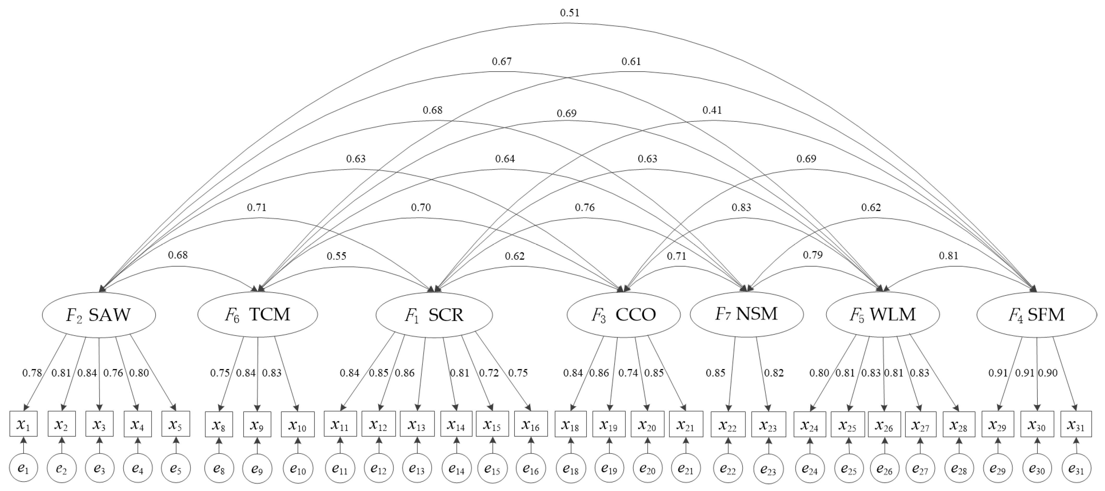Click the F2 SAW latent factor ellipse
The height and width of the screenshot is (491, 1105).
click(x=99, y=315)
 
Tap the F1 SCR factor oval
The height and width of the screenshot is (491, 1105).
click(x=434, y=315)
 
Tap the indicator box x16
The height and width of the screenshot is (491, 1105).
click(x=531, y=424)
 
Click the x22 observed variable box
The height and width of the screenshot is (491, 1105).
click(x=728, y=424)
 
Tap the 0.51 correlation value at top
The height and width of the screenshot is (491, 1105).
click(x=570, y=13)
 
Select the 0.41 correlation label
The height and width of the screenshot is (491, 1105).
click(x=712, y=110)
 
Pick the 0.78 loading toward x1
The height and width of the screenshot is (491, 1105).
click(x=32, y=373)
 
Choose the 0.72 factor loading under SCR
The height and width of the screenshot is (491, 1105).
click(x=489, y=373)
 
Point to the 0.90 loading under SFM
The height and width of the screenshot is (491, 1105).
click(x=1048, y=373)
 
